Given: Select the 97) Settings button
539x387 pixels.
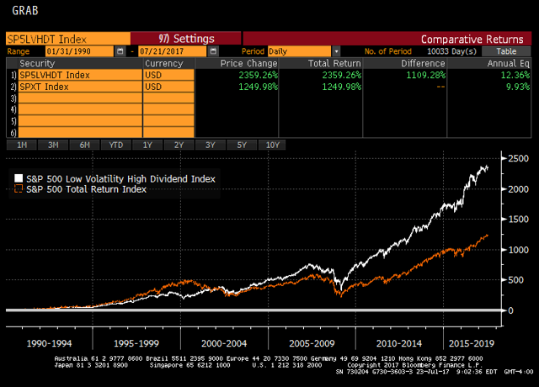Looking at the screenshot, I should [x=186, y=39].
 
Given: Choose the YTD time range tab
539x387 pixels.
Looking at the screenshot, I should [x=115, y=145].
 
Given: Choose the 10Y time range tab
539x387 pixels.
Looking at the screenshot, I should [x=272, y=145].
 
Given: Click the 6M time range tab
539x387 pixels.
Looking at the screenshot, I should [x=84, y=145].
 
